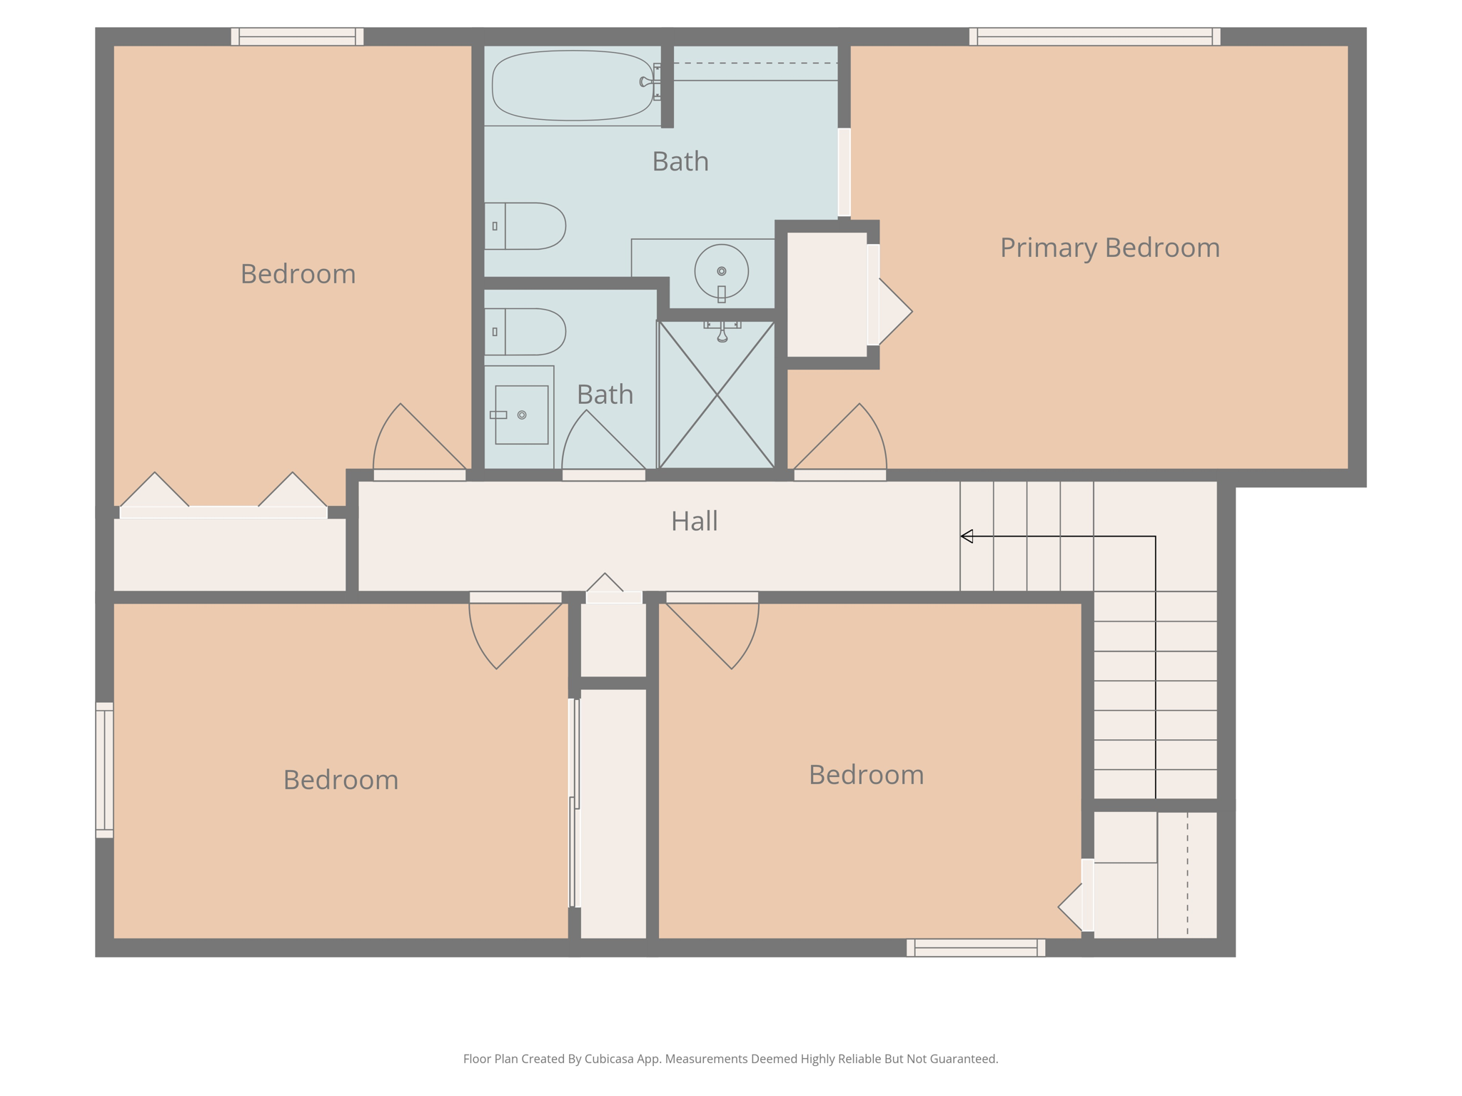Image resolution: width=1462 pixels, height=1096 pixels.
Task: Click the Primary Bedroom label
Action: (x=1109, y=248)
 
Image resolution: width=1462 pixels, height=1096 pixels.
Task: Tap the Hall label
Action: (x=694, y=521)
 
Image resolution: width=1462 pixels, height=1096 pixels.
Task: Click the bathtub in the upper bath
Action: (x=573, y=85)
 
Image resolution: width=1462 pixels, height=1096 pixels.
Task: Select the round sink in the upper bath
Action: (x=721, y=272)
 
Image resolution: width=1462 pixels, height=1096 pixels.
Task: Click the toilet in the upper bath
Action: (x=525, y=226)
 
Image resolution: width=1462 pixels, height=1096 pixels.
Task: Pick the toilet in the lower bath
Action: (x=525, y=332)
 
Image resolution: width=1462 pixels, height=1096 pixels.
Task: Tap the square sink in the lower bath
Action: (x=522, y=415)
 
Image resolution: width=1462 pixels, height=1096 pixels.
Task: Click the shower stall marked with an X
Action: (x=716, y=395)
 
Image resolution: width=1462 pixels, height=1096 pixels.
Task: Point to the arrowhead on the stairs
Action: (x=967, y=536)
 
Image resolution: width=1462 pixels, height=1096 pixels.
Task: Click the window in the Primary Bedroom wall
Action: (x=1094, y=36)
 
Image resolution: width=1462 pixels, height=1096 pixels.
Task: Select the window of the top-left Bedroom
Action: (x=297, y=36)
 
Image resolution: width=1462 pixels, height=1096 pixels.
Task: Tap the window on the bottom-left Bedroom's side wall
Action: (x=104, y=770)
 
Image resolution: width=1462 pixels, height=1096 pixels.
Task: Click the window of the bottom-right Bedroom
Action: (x=976, y=948)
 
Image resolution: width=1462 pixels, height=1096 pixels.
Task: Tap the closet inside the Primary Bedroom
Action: (x=827, y=295)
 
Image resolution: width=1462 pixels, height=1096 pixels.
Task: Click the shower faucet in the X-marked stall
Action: (x=722, y=331)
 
